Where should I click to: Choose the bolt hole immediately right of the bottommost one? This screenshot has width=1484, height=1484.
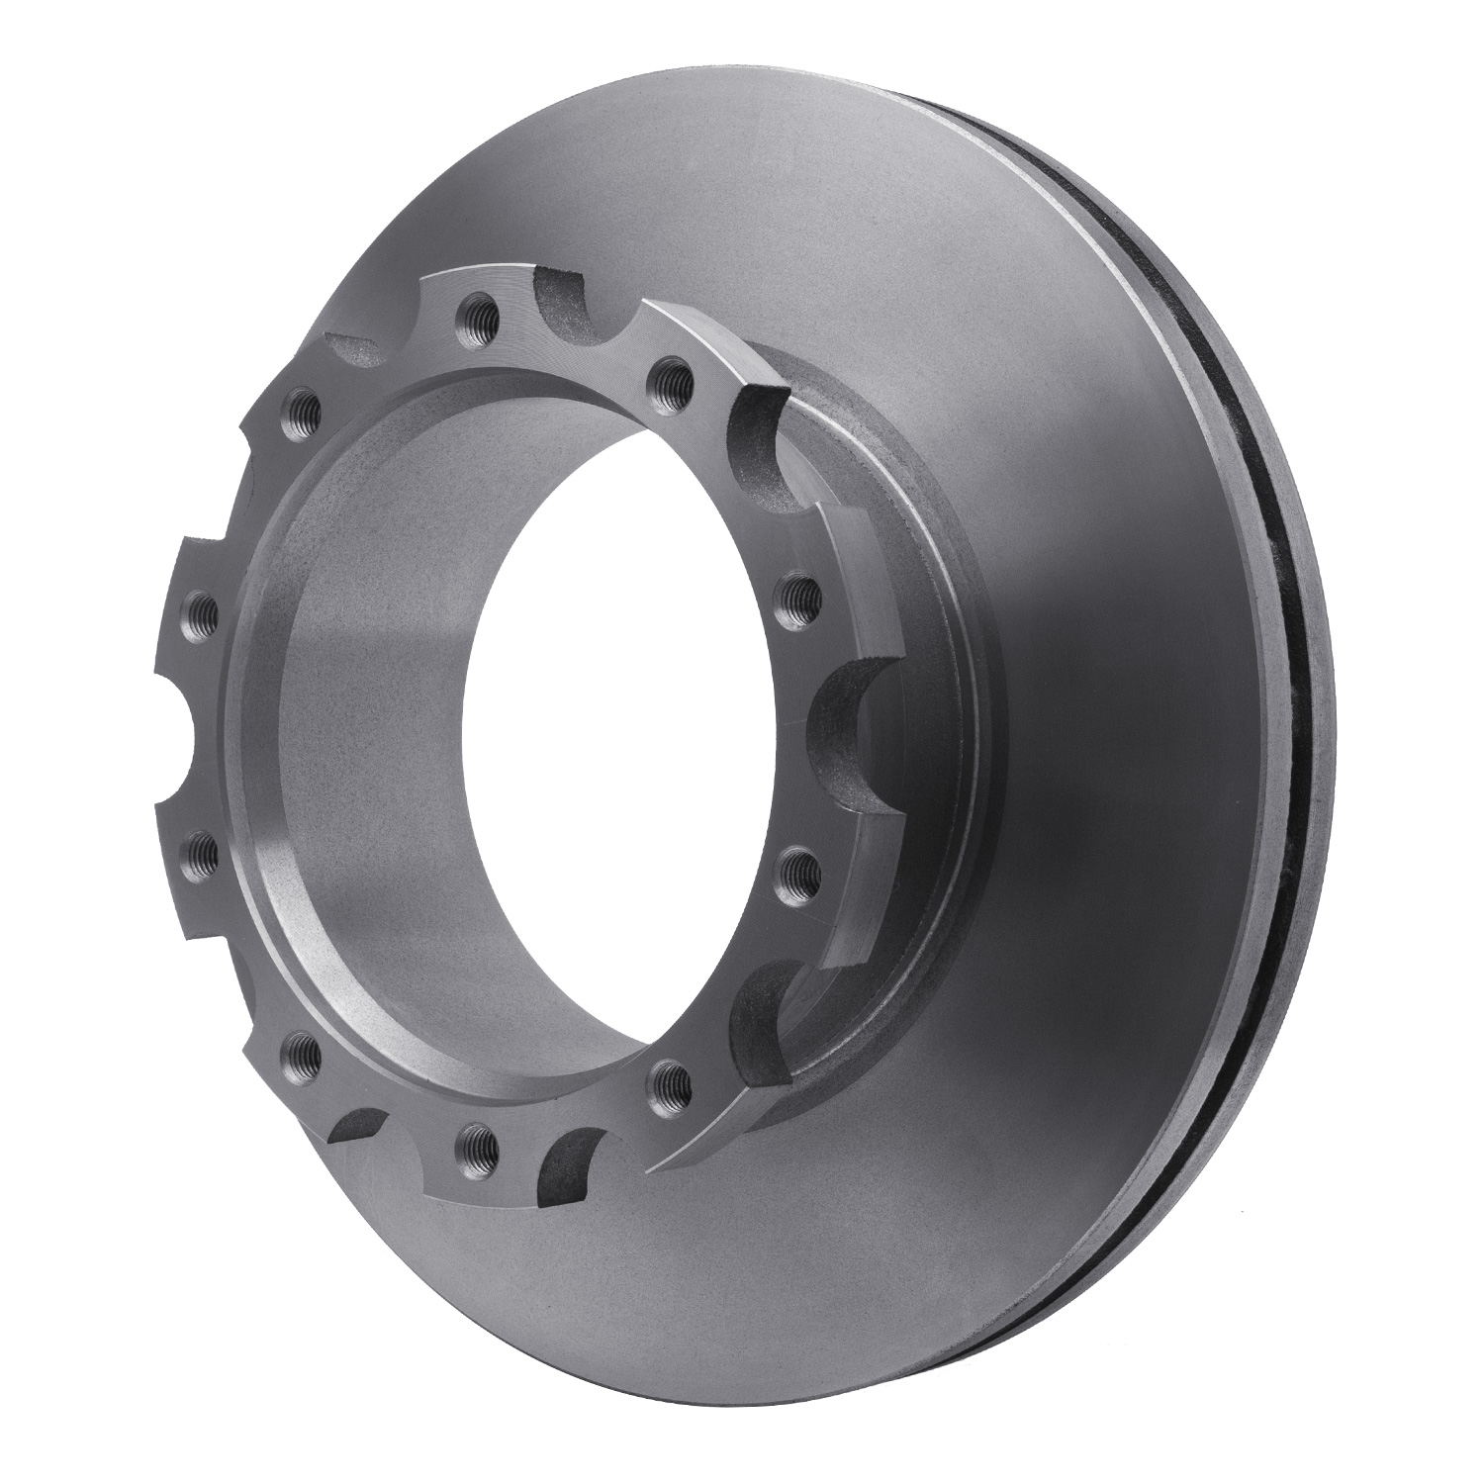click(670, 1077)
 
